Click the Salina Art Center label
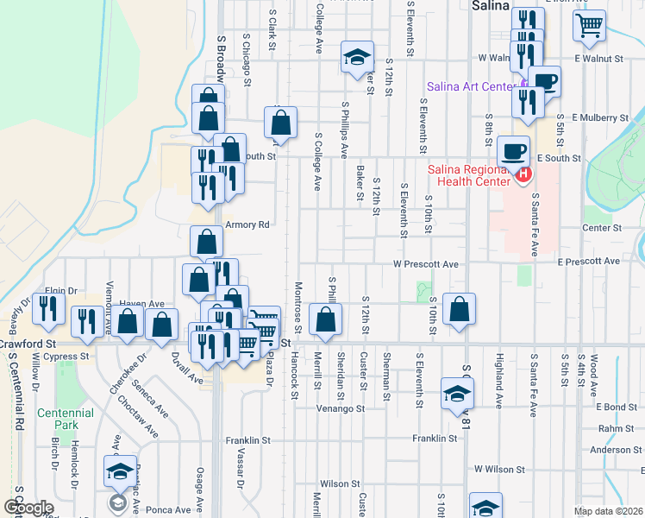(x=470, y=86)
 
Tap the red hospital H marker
(x=523, y=175)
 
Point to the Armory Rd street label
(x=247, y=224)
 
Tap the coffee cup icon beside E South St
(x=514, y=151)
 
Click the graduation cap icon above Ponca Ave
(x=120, y=470)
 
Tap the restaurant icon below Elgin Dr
(x=48, y=308)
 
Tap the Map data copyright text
(x=609, y=511)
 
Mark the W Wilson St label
(x=497, y=469)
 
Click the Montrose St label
(x=298, y=306)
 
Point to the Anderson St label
(x=615, y=450)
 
